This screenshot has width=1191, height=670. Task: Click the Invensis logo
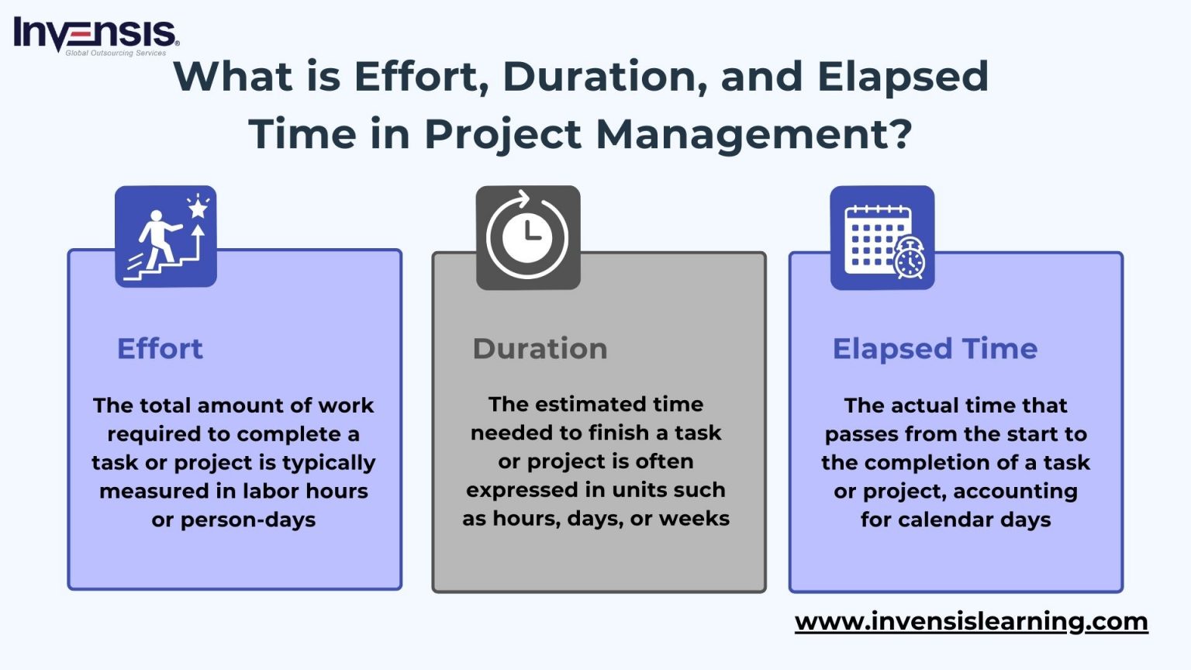pyautogui.click(x=96, y=36)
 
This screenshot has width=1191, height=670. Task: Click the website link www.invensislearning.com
pyautogui.click(x=971, y=621)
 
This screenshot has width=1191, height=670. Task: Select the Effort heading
pyautogui.click(x=160, y=349)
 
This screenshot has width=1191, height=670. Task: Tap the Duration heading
pyautogui.click(x=540, y=349)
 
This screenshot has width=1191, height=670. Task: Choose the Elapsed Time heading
pyautogui.click(x=934, y=349)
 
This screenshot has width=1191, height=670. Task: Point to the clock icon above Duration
pyautogui.click(x=527, y=237)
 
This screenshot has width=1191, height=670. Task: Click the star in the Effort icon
pyautogui.click(x=198, y=208)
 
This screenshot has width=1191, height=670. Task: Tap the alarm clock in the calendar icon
pyautogui.click(x=909, y=259)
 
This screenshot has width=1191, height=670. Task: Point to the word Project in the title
pyautogui.click(x=502, y=134)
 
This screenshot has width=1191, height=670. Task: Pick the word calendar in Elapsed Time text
pyautogui.click(x=945, y=520)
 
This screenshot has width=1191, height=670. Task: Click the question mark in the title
pyautogui.click(x=901, y=134)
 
